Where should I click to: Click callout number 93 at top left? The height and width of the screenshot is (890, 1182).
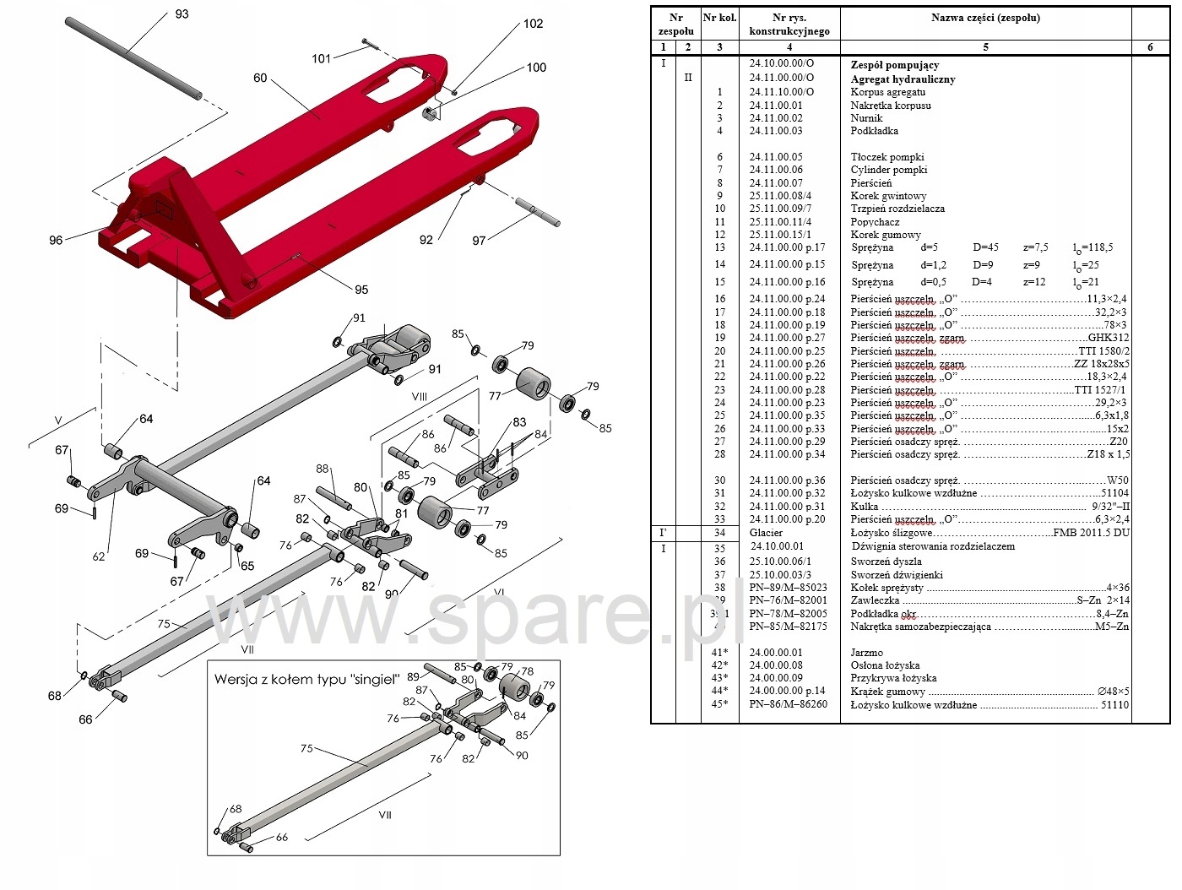182,14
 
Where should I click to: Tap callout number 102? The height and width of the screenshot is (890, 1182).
533,24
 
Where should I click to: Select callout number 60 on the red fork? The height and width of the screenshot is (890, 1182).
260,78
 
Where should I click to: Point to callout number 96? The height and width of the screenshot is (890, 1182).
56,240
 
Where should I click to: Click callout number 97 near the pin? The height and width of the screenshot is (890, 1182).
479,241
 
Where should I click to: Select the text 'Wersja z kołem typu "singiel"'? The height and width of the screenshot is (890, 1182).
306,679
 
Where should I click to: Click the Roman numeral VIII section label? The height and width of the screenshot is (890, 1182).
419,396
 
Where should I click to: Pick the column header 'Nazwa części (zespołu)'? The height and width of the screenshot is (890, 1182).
985,18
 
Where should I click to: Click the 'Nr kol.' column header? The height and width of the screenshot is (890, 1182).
719,18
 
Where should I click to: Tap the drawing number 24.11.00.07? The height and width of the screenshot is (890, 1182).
776,182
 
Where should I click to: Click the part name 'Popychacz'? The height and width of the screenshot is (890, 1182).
875,222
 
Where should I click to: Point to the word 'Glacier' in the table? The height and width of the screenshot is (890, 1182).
766,533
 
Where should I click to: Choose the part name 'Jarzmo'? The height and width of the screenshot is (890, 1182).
866,653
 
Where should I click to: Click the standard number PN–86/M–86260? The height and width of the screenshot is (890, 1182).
788,704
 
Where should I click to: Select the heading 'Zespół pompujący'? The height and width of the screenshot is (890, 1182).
894,65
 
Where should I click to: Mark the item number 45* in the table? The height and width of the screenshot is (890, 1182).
719,704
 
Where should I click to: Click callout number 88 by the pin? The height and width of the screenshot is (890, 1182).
323,469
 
